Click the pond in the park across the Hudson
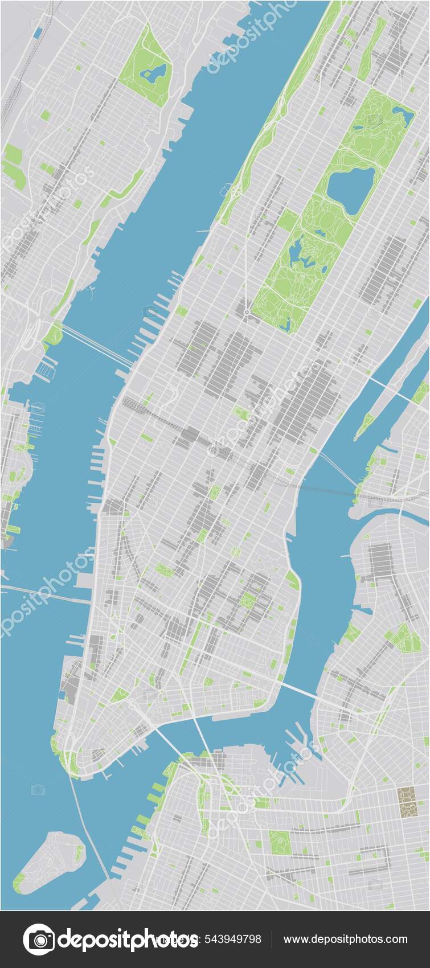tap(153, 73)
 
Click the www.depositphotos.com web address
tap(345, 939)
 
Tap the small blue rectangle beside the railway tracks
tap(37, 33)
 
